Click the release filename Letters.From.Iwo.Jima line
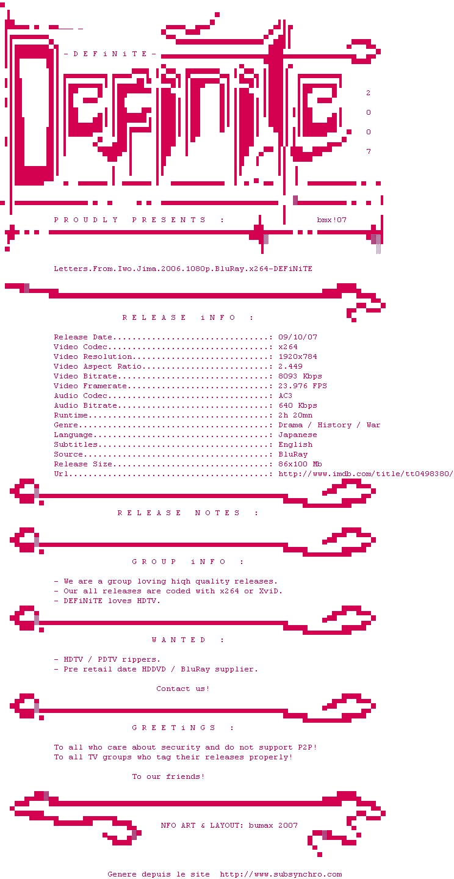pos(183,269)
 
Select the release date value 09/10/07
pos(298,337)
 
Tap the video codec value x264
pos(288,347)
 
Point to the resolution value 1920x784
pos(298,356)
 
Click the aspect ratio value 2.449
pos(290,366)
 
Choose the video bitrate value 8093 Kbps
pos(300,376)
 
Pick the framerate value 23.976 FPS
pos(303,386)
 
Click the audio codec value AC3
pos(286,396)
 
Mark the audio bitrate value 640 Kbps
pos(298,405)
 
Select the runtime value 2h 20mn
pos(295,415)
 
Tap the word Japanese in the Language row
pos(298,435)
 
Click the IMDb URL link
pos(365,474)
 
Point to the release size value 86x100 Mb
pos(300,464)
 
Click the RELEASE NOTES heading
pos(188,513)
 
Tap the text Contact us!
pos(183,689)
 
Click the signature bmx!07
pos(332,220)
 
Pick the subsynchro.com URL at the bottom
pos(281,874)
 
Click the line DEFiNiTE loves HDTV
pos(112,601)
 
